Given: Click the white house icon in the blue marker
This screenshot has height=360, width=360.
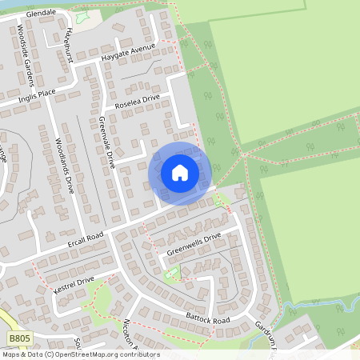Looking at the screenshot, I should point(180,172).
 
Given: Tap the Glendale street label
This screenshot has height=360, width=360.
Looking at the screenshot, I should point(41,14).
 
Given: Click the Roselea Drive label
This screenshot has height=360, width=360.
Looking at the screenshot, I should point(138,102).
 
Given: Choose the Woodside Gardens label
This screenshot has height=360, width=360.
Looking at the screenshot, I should point(26,58).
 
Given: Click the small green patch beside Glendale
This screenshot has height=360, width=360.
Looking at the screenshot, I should point(82,16).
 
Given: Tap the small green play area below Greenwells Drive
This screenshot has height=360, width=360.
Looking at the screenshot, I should point(170,274).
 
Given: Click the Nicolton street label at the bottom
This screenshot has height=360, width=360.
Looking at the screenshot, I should point(129,333).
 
